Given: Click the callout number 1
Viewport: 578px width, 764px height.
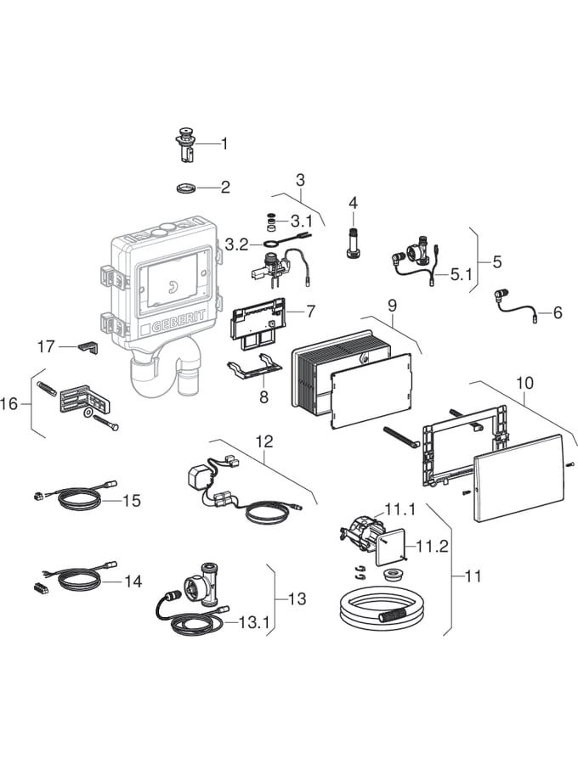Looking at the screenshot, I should point(224,144).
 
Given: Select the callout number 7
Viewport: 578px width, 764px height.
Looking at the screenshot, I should point(311,312).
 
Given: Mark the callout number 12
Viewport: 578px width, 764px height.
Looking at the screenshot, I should point(264,441).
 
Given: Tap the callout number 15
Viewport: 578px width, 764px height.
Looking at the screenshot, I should point(131,501).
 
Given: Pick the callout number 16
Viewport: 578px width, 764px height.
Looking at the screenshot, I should point(9,404).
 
